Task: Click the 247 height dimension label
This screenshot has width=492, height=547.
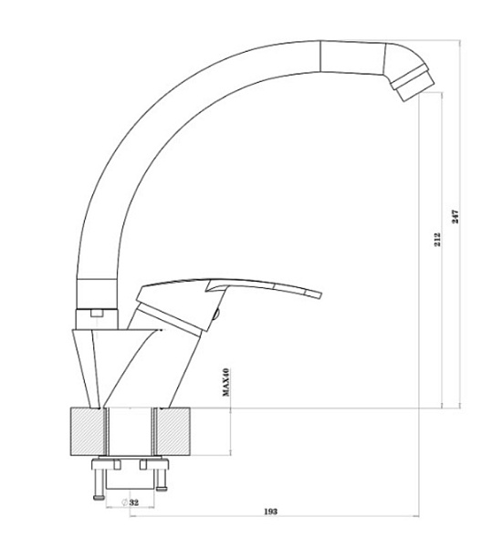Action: pos(455,217)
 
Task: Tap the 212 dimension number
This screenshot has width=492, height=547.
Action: pos(437,240)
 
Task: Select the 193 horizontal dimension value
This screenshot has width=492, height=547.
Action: pos(270,511)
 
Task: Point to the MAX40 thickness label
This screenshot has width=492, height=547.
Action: pos(226,382)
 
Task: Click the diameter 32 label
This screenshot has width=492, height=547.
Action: pos(130,502)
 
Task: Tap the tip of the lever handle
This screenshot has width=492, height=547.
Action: pos(319,294)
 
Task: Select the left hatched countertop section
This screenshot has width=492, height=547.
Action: pos(88,431)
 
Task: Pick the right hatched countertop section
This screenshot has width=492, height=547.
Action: pos(173,431)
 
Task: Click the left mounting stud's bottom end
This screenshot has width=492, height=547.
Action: pos(99,498)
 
